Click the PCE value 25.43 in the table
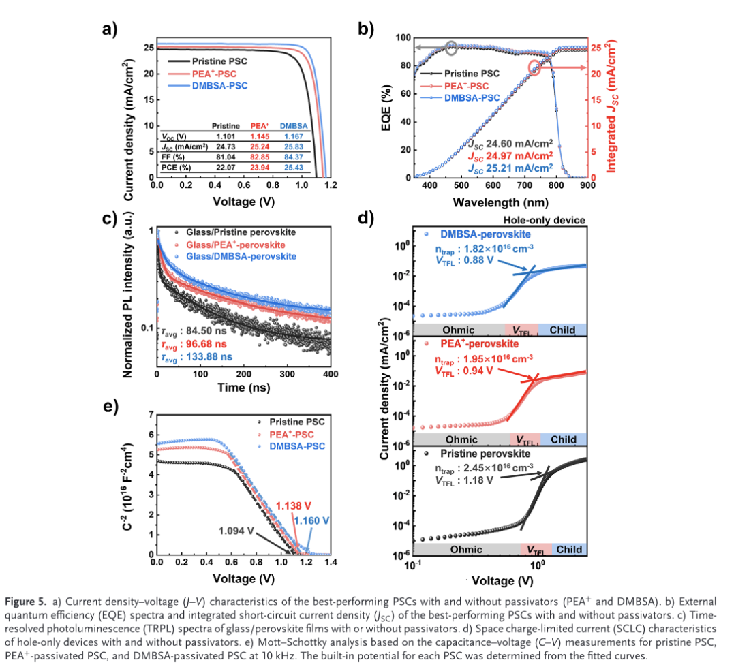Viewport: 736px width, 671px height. [294, 167]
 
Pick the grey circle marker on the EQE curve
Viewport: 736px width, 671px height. [451, 47]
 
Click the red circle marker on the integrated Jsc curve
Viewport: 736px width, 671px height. [535, 67]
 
